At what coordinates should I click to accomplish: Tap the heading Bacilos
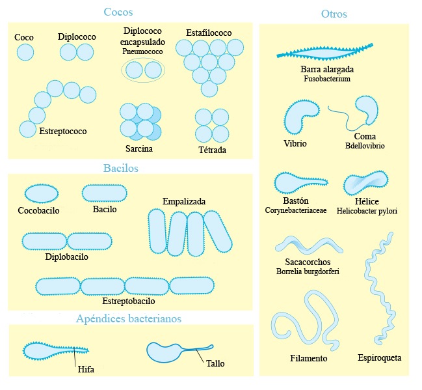(x=121, y=168)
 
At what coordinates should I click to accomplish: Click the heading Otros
(x=334, y=14)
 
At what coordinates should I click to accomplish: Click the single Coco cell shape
(x=25, y=53)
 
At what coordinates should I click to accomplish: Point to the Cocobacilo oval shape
(x=40, y=193)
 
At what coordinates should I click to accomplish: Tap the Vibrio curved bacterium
(x=299, y=116)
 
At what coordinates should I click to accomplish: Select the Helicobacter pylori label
(x=367, y=211)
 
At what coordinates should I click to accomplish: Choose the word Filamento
(x=308, y=358)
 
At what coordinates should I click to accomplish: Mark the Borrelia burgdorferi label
(x=308, y=271)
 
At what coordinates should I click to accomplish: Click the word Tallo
(x=215, y=363)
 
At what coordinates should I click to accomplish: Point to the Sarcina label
(x=138, y=148)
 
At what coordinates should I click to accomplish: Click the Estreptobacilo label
(x=129, y=302)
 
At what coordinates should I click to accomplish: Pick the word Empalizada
(x=184, y=201)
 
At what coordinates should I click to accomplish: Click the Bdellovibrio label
(x=365, y=146)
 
